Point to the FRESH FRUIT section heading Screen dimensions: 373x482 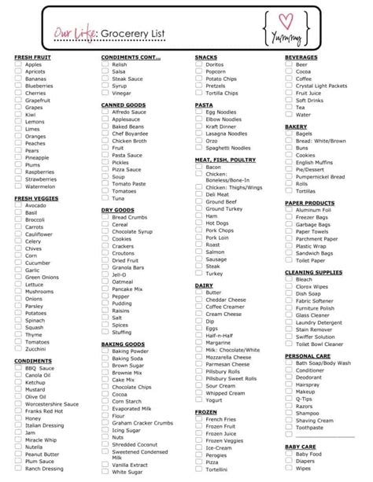(33, 57)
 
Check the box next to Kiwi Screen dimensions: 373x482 (17, 115)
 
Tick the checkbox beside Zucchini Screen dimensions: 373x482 (17, 348)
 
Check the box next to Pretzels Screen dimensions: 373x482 (198, 86)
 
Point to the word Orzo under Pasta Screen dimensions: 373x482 (212, 141)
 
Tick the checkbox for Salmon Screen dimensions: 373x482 (198, 252)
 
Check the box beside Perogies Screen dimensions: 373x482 (198, 454)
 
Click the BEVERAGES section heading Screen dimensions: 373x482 (301, 57)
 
